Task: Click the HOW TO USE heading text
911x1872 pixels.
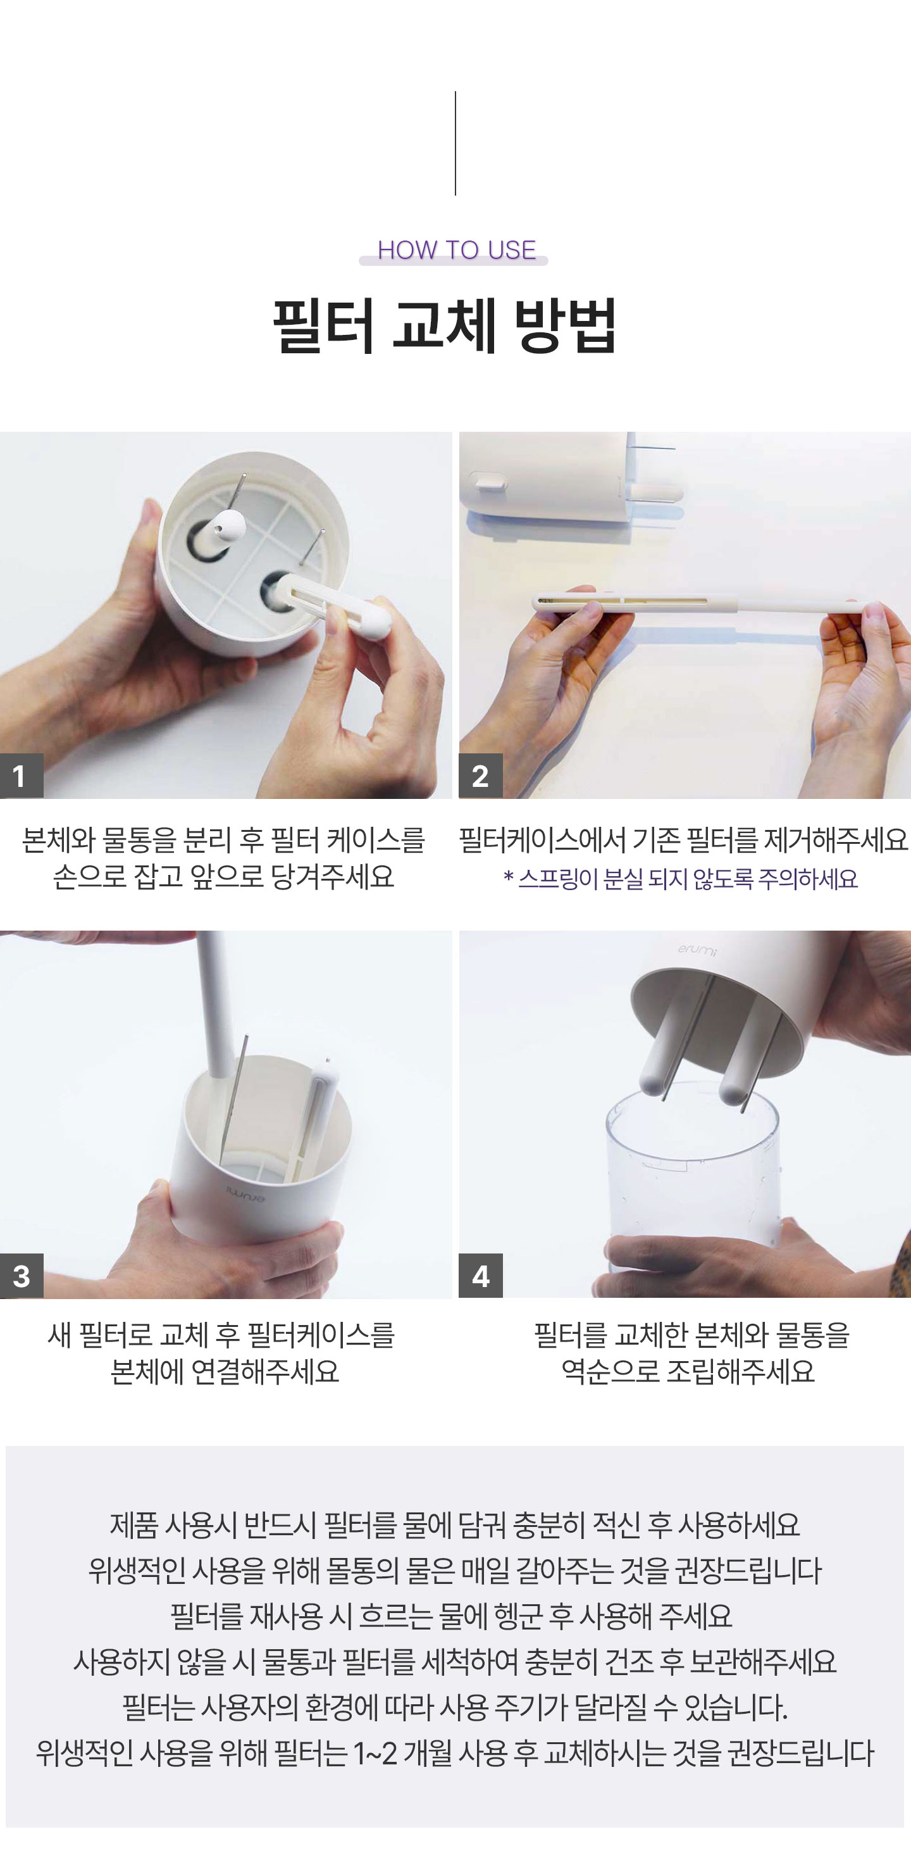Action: pos(456,250)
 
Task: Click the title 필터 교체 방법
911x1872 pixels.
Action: pos(445,325)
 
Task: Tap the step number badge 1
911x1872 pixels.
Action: pos(21,776)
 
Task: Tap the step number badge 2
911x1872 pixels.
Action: pos(480,776)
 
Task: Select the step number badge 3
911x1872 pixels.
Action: pos(21,1276)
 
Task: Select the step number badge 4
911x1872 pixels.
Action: pos(480,1276)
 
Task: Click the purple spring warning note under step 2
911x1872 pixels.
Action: pos(681,879)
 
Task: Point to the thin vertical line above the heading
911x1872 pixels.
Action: pos(455,143)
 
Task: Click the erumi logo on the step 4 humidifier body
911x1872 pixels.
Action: pos(697,949)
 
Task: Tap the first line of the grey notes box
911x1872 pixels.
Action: pos(455,1524)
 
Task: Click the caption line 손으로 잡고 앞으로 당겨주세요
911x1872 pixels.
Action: pos(224,876)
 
